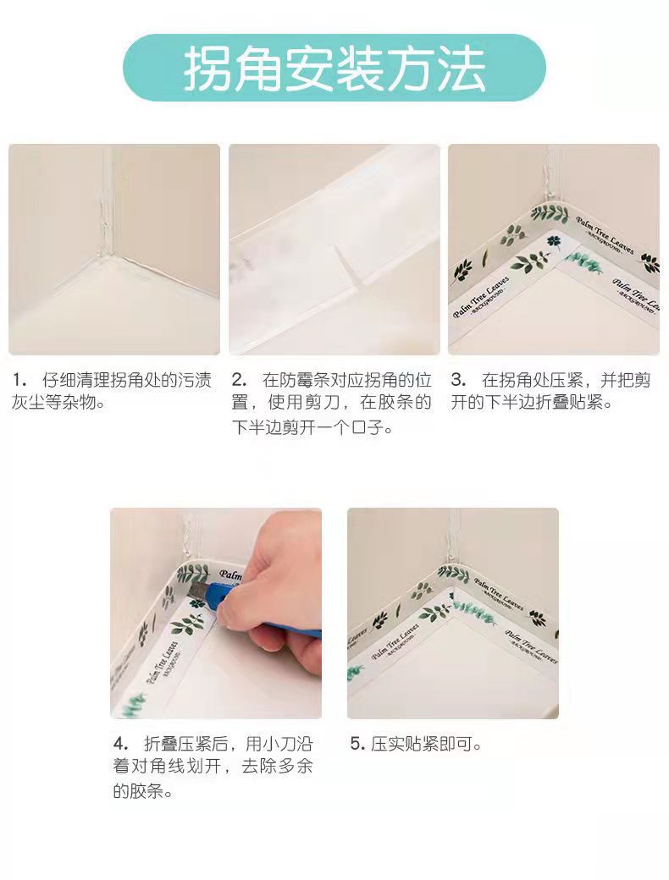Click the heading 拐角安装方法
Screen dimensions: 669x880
coord(334,69)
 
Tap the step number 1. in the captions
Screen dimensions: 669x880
coord(19,381)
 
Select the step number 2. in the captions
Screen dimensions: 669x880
coord(239,381)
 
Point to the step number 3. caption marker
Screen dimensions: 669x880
coord(458,381)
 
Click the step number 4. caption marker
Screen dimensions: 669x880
coord(121,745)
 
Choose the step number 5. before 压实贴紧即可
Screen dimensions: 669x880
coord(358,745)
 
